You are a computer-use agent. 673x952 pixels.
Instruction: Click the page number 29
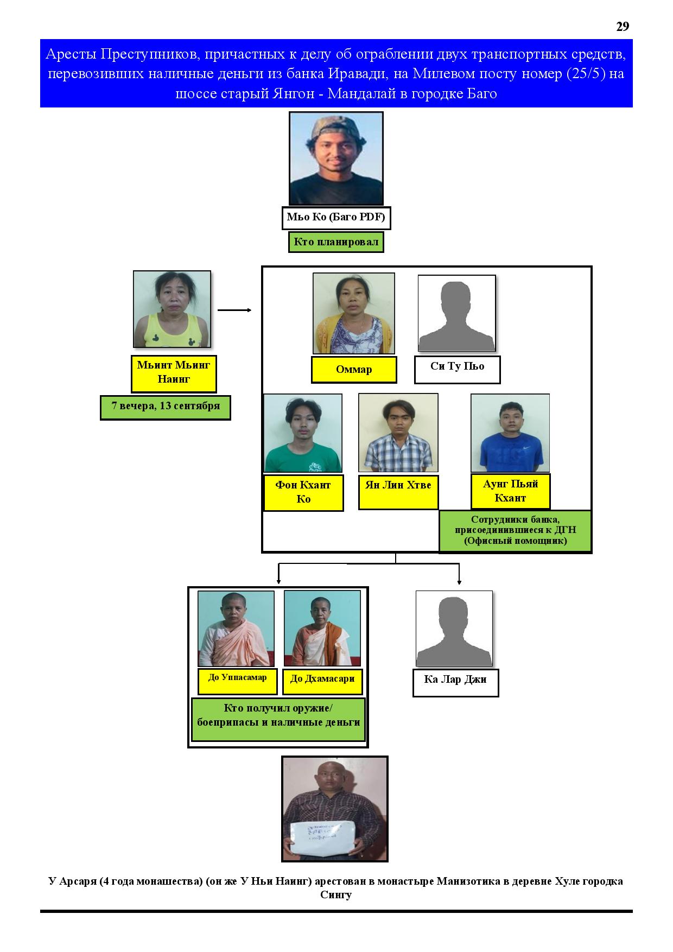point(623,27)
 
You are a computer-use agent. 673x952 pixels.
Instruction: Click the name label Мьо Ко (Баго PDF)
point(336,218)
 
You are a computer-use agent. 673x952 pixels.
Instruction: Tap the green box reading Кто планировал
point(336,242)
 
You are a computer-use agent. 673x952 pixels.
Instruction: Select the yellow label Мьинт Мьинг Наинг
point(174,373)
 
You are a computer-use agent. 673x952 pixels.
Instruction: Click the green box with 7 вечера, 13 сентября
point(166,408)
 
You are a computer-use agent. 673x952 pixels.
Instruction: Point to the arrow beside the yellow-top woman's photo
point(234,310)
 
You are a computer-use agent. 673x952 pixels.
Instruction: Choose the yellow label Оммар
point(354,370)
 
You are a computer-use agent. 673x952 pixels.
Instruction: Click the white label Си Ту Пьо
point(457,370)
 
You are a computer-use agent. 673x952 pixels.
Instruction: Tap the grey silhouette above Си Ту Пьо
point(457,313)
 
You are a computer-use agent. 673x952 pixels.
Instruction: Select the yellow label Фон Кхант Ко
point(303,493)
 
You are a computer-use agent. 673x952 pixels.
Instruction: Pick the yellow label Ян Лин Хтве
point(398,492)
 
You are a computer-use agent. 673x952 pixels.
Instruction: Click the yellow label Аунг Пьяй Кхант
point(510,491)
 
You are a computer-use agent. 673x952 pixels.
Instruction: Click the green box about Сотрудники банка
point(515,531)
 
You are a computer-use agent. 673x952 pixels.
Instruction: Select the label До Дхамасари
point(322,681)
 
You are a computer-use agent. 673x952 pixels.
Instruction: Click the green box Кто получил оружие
point(278,720)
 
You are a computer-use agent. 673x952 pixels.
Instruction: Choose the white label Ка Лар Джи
point(455,683)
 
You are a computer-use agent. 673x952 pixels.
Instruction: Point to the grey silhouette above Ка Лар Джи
point(454,629)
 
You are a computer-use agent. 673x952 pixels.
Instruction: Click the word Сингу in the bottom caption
point(336,894)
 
